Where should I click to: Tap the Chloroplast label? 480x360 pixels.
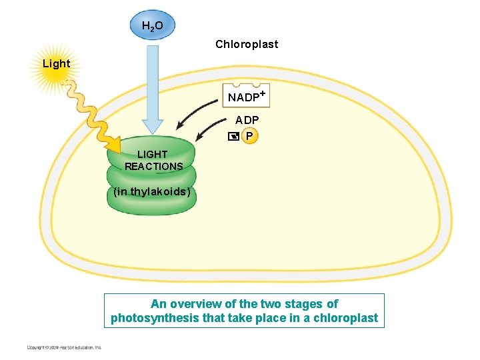point(247,45)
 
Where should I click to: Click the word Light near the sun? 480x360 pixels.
point(56,64)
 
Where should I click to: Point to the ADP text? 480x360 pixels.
point(247,121)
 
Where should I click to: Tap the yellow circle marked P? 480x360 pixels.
point(249,136)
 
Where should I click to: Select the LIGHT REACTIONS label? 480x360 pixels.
point(153,160)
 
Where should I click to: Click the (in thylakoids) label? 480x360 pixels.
point(152,192)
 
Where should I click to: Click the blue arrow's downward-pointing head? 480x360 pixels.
point(153,127)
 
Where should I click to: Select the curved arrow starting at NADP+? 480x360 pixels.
point(197,111)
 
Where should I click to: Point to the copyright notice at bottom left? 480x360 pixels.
point(64,347)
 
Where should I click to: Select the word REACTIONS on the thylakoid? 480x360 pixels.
point(153,166)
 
